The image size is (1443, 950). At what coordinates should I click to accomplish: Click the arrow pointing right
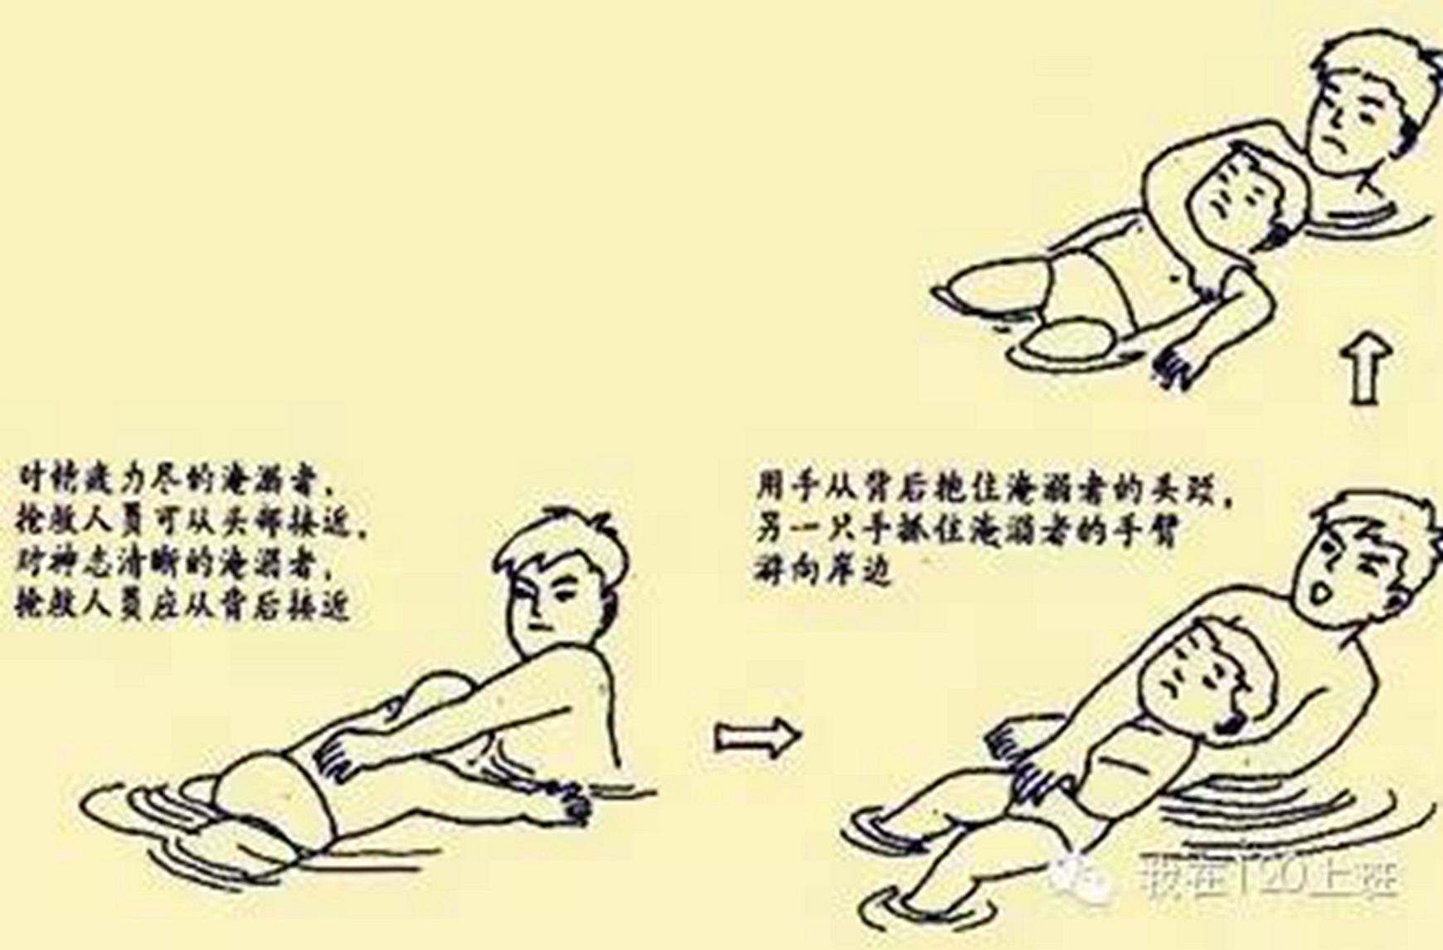tap(757, 736)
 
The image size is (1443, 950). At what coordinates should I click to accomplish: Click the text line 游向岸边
tap(825, 570)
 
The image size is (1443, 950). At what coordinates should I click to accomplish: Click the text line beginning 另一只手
tap(966, 531)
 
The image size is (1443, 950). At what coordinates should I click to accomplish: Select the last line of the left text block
tap(182, 607)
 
